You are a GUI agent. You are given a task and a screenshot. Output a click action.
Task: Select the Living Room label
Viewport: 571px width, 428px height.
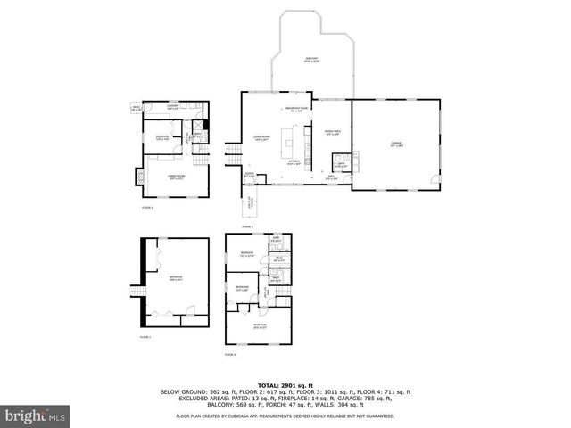coord(261,138)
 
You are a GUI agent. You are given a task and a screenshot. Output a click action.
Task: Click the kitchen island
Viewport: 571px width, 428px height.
coord(288,140)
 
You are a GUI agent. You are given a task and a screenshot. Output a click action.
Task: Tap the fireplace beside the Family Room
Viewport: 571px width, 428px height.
coord(138,177)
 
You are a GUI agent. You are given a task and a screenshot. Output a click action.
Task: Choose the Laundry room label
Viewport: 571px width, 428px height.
coord(173,107)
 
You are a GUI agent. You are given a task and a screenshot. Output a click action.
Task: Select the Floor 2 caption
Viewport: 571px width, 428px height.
coord(147,208)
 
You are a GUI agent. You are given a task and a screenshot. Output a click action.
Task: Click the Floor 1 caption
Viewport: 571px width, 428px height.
coord(145,338)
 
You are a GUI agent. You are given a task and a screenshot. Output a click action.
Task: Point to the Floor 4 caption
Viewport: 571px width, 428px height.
coord(230,354)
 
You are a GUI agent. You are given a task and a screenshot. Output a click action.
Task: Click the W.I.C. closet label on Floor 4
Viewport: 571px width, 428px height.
coord(278,259)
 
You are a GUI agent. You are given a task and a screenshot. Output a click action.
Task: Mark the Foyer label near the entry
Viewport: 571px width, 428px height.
coord(250,176)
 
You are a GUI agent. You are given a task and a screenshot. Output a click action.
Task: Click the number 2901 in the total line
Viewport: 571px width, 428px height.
coord(292,383)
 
